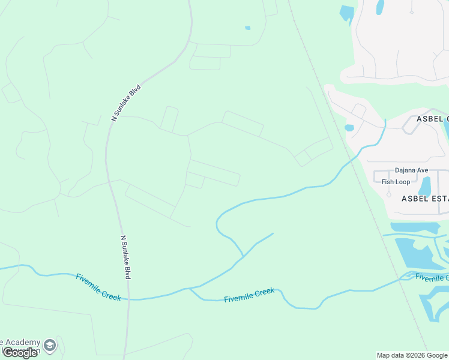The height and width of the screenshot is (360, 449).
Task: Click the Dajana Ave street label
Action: (x=411, y=170)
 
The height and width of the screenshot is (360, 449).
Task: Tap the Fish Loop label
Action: (x=396, y=182)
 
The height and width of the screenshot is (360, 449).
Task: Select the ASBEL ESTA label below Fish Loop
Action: (x=424, y=198)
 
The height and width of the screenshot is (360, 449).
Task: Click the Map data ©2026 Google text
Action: (x=412, y=355)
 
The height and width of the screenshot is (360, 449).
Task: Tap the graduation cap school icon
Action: (x=50, y=345)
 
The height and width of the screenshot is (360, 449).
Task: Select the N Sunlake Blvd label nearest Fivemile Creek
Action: (x=126, y=257)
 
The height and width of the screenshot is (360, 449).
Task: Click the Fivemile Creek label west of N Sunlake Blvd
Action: (x=98, y=287)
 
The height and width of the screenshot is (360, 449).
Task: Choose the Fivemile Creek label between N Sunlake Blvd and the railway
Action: (x=249, y=295)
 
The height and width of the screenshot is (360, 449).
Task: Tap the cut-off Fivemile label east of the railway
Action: (x=432, y=277)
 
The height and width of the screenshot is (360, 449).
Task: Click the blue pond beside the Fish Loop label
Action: (x=425, y=187)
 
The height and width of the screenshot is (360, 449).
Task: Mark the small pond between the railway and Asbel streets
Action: (x=349, y=127)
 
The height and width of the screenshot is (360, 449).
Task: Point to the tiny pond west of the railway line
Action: (x=247, y=28)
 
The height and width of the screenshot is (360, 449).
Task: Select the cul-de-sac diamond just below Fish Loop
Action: (x=389, y=194)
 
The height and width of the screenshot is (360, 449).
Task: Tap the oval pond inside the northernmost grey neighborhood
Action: (x=379, y=7)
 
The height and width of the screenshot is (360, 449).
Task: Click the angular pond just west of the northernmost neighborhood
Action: (x=347, y=13)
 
